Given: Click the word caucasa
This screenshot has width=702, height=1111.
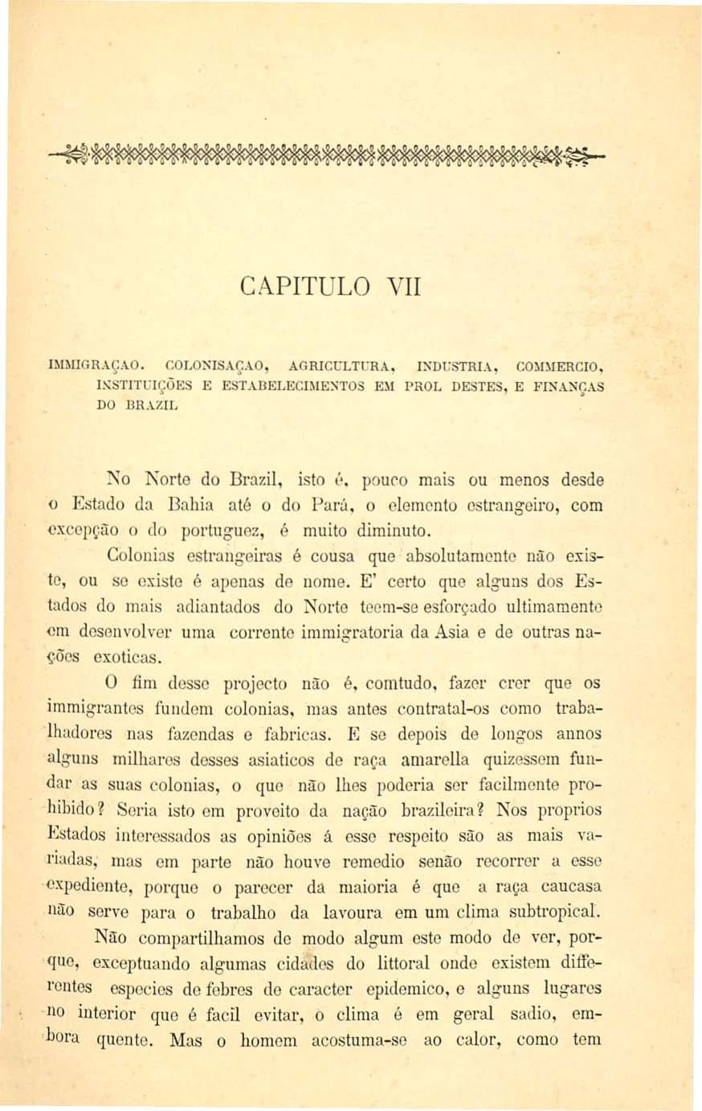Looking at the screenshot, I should tap(572, 887).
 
